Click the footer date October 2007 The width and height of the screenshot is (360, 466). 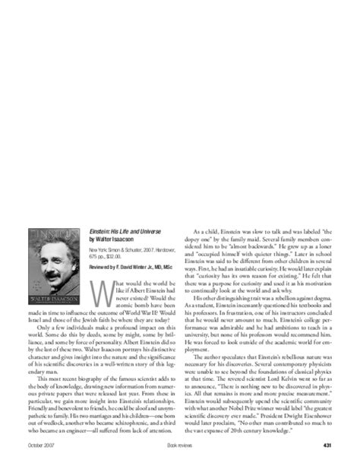click(x=40, y=445)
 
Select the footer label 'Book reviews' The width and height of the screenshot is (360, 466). click(x=179, y=445)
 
